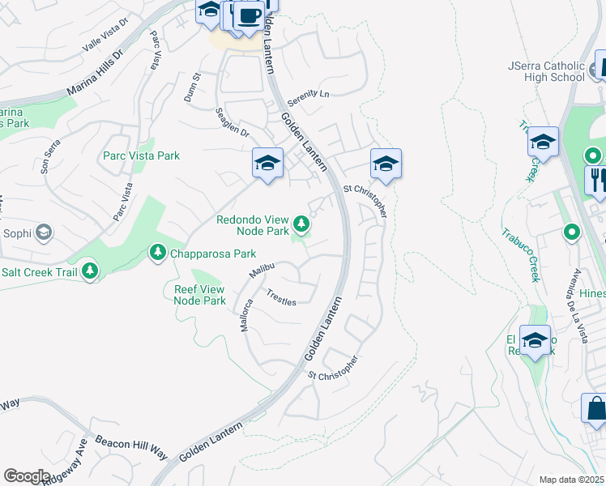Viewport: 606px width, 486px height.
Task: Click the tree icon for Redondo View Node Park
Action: pos(302,222)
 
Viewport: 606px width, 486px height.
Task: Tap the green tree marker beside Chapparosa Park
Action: pos(157,254)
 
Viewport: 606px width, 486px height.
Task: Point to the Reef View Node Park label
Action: pos(200,294)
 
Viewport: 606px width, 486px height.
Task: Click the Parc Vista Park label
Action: pos(141,156)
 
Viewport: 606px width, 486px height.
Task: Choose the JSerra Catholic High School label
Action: pos(545,71)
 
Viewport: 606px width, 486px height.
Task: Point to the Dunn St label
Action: pos(195,86)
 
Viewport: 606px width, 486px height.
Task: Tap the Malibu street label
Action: pos(262,271)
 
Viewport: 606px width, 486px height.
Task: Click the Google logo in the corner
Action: pos(27,476)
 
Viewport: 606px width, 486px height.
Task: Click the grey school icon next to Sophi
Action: pos(44,234)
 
